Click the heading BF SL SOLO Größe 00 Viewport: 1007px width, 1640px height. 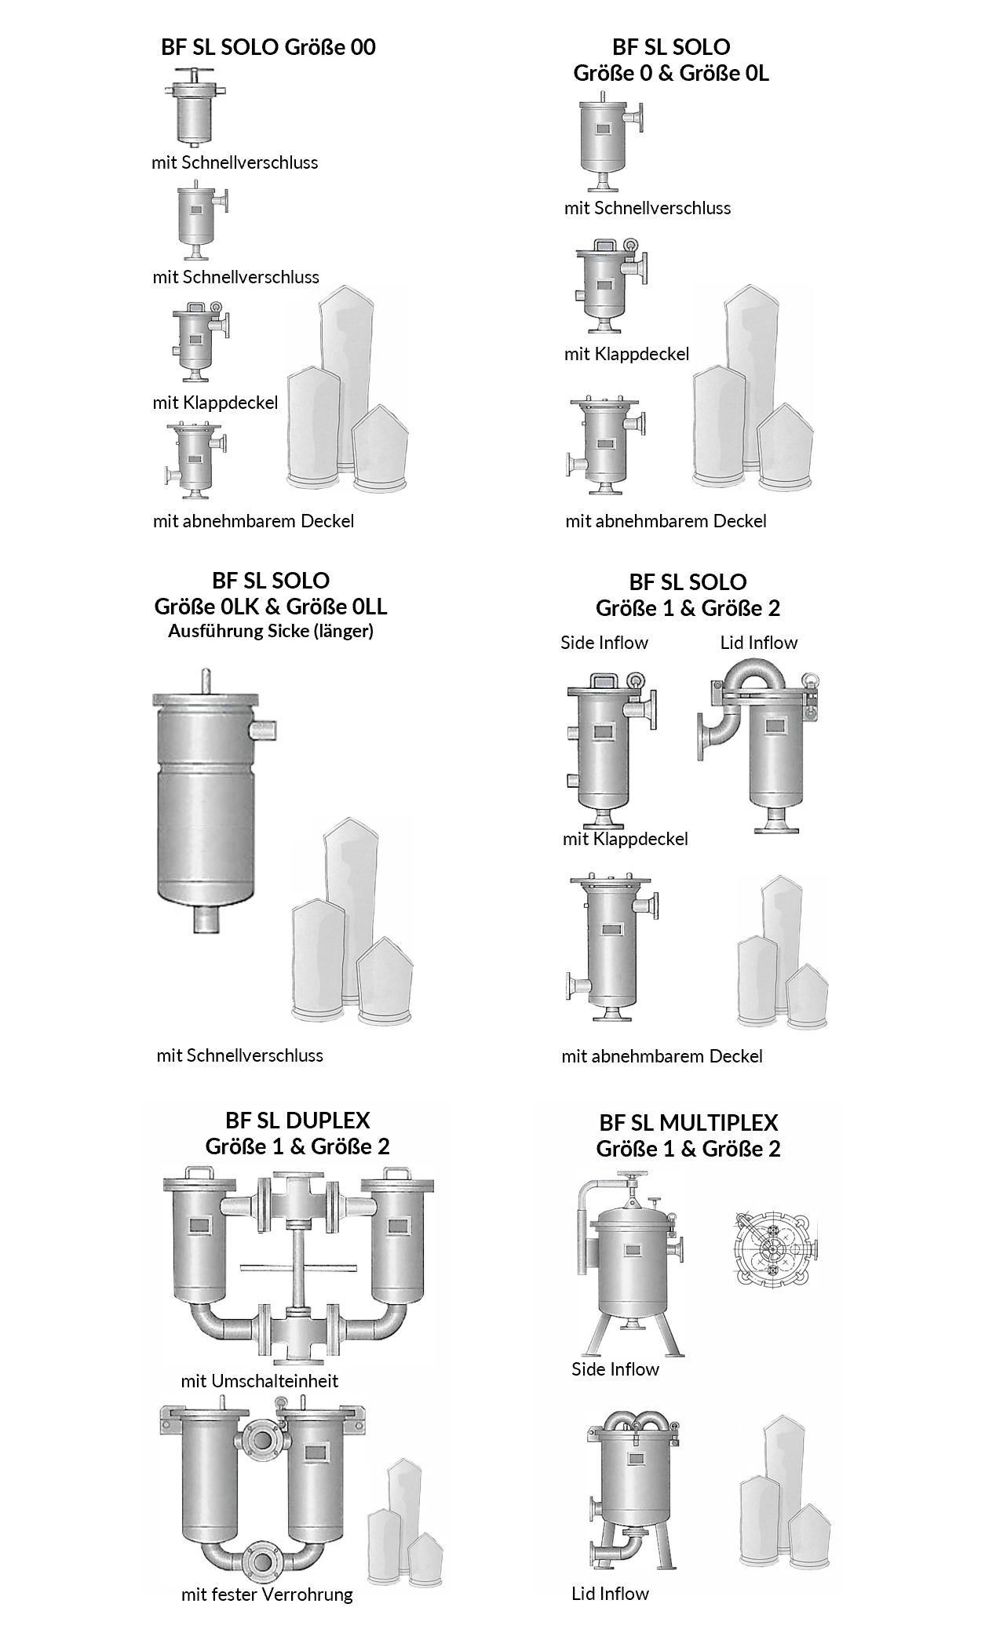click(268, 47)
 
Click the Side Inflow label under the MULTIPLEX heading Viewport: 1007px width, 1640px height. click(615, 1369)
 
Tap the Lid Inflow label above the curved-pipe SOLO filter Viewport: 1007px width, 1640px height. click(759, 643)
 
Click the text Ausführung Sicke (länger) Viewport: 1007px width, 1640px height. click(271, 631)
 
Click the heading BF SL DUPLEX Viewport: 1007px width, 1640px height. click(297, 1121)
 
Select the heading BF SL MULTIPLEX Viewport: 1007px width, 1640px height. click(688, 1123)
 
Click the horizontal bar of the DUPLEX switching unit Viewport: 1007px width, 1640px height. click(297, 1266)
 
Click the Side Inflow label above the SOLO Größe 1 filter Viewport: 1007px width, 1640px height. click(604, 643)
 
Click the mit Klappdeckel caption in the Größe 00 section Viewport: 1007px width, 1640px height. click(215, 403)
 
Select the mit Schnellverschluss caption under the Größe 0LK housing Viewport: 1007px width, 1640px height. click(239, 1055)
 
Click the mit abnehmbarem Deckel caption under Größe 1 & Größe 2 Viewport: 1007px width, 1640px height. click(662, 1056)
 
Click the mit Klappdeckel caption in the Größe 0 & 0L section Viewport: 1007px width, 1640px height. click(626, 354)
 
